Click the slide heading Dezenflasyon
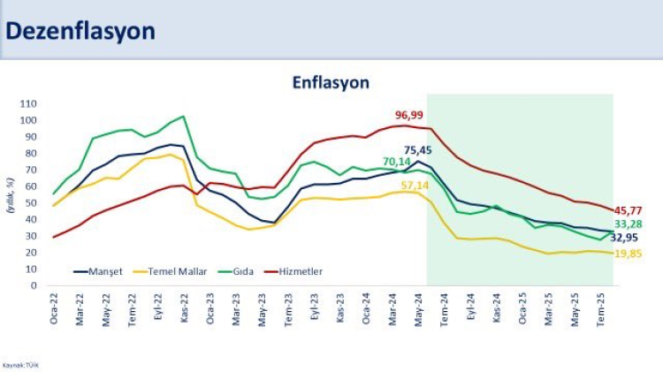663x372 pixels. coord(80,31)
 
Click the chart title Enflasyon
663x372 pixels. coord(331,82)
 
